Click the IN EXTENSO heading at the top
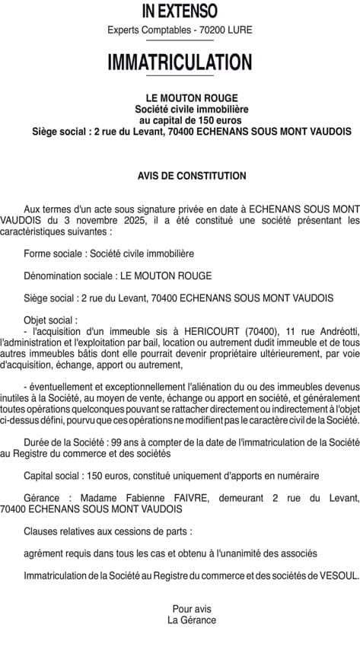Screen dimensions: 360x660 [180, 11]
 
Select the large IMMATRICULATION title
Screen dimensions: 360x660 [180, 61]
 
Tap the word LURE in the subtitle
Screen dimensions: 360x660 [238, 30]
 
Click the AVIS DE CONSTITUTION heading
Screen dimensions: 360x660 [192, 176]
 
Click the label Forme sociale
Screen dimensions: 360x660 [54, 253]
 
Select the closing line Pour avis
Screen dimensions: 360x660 [192, 609]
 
